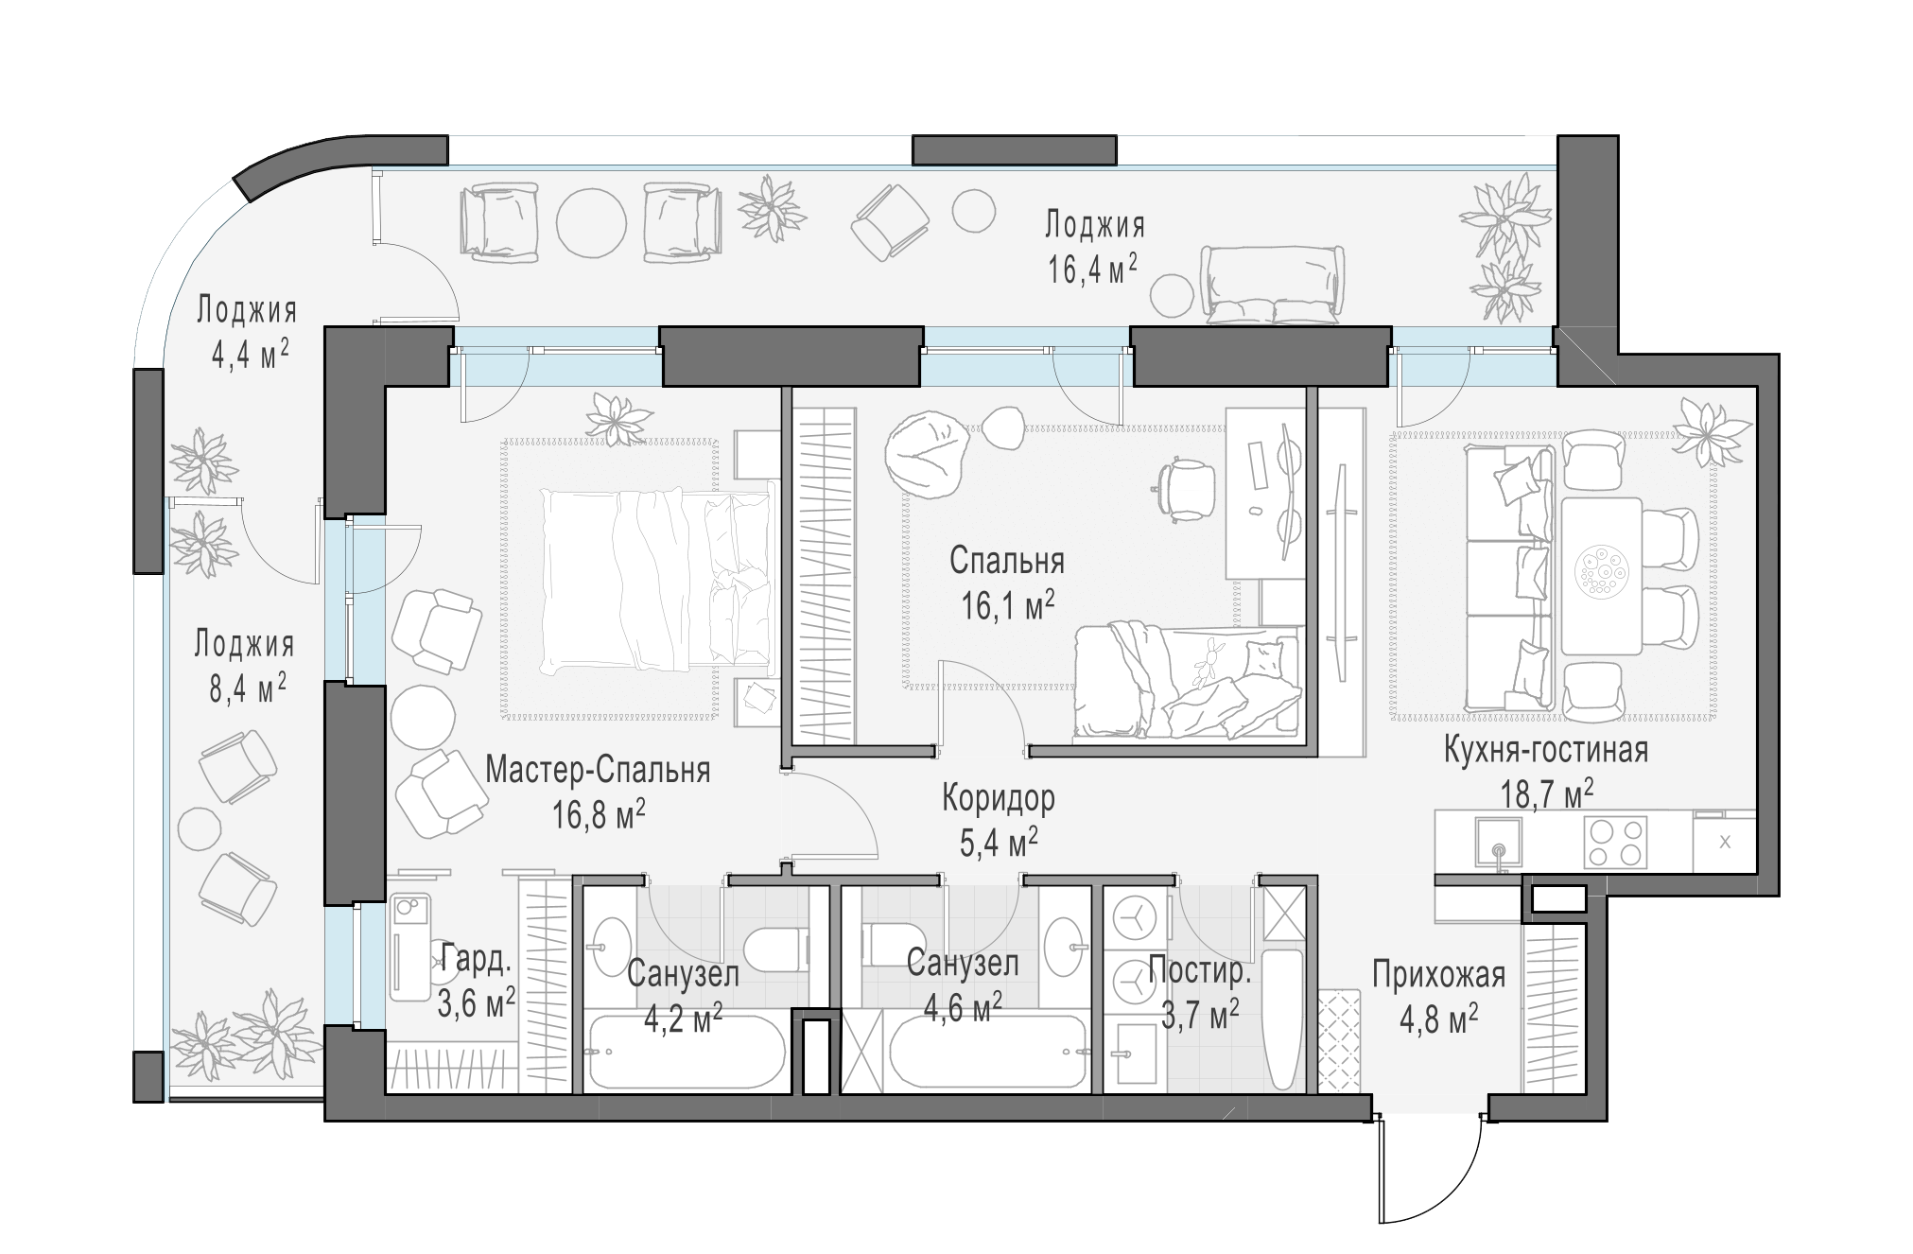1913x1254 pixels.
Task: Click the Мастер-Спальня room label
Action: click(598, 770)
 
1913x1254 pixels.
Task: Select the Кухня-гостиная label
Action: click(1546, 749)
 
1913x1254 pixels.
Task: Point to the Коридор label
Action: click(998, 798)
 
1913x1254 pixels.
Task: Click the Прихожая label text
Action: click(1438, 973)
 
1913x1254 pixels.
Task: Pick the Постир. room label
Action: click(1200, 971)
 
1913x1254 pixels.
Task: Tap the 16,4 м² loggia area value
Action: click(1092, 269)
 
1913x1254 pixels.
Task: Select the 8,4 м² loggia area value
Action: click(248, 688)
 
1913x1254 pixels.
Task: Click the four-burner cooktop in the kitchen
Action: click(1615, 841)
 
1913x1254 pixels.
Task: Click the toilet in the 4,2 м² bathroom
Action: click(777, 949)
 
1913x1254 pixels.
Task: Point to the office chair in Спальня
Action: click(1183, 487)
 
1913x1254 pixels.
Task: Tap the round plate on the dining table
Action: click(1600, 572)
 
